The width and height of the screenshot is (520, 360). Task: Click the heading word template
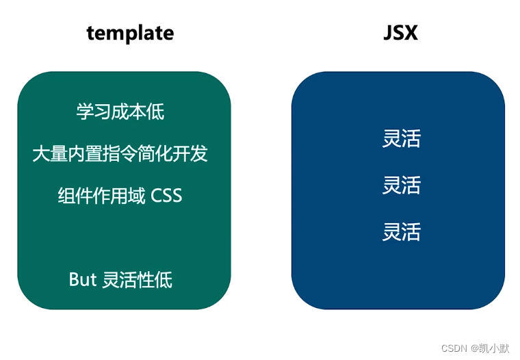click(130, 32)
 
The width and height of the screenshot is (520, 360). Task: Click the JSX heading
click(400, 32)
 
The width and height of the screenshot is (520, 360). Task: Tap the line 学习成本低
click(120, 112)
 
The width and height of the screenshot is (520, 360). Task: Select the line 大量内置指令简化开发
click(120, 153)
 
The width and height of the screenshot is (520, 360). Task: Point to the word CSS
click(166, 196)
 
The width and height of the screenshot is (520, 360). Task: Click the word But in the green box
click(83, 279)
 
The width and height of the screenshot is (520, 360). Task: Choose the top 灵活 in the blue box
click(401, 138)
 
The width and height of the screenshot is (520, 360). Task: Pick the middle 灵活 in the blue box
click(401, 185)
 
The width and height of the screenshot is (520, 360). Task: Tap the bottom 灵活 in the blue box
click(401, 232)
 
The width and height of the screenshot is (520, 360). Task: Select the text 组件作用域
click(101, 196)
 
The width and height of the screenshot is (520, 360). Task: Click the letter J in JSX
click(388, 32)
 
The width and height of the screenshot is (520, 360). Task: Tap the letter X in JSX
click(411, 32)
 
